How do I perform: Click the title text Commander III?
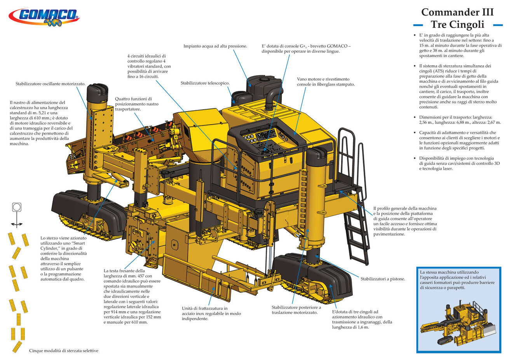point(457,12)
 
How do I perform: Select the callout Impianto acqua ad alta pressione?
point(215,46)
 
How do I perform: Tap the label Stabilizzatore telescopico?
point(205,83)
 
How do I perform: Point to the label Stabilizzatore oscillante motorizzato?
point(51,84)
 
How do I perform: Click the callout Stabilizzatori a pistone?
point(383,279)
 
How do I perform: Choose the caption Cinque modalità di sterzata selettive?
point(64,351)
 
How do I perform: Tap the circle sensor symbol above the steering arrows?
point(17,207)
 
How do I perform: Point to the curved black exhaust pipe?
point(272,97)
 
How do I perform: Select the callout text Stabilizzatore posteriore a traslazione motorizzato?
point(296,310)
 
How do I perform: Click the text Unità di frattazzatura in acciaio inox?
point(211,311)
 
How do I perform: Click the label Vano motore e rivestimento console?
point(326,82)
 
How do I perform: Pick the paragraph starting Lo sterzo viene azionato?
point(64,259)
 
